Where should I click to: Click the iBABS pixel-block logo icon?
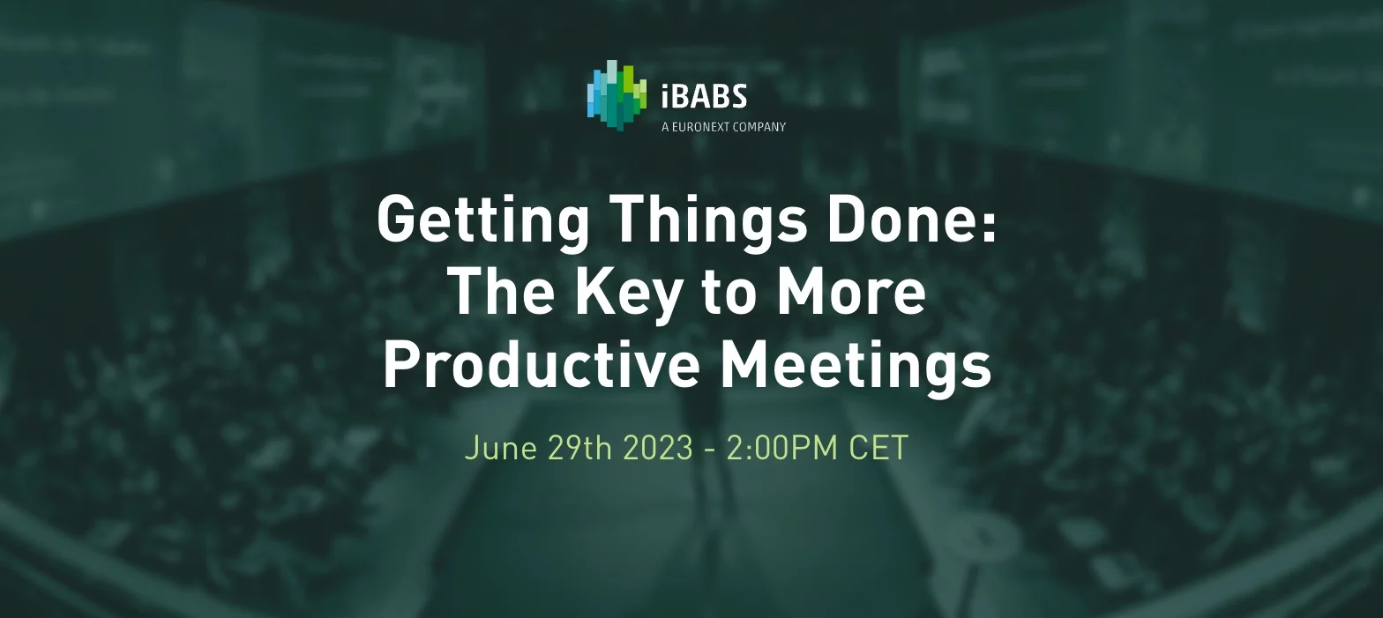click(x=617, y=96)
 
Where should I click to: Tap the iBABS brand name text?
click(x=705, y=96)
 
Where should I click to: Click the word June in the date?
click(x=501, y=448)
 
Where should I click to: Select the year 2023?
click(x=658, y=447)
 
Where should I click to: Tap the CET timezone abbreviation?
click(x=878, y=447)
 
